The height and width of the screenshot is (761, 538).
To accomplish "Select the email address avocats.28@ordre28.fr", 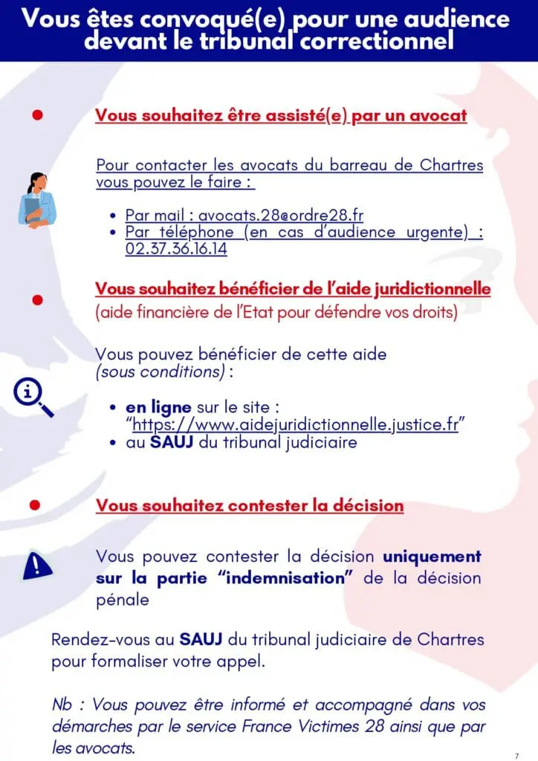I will (280, 216).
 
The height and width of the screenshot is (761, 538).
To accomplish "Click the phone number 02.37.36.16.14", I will (176, 249).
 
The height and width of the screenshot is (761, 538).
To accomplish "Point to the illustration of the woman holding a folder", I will (36, 199).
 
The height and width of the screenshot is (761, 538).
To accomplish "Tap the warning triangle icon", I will (37, 566).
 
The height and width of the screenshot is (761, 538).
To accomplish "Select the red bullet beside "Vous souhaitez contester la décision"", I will (34, 505).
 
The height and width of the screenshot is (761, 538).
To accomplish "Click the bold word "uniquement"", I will (432, 556).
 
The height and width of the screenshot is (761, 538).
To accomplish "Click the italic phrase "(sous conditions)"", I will (161, 372).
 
